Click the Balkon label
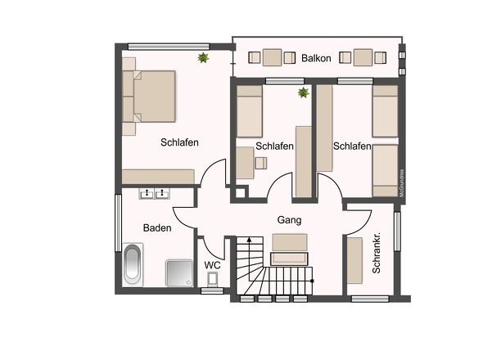(x=316, y=58)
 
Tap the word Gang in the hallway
(x=289, y=220)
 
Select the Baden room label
(x=157, y=228)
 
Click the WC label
(x=212, y=265)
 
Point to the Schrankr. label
(x=377, y=253)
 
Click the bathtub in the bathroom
(x=133, y=264)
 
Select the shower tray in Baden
(x=179, y=273)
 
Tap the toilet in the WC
(x=213, y=279)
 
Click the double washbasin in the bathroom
(x=154, y=193)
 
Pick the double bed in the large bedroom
(x=149, y=97)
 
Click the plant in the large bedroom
(x=203, y=57)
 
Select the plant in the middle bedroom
(x=304, y=92)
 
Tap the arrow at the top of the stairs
(x=249, y=239)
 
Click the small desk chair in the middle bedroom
(x=261, y=163)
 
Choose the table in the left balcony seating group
(x=272, y=57)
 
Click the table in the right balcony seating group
(x=363, y=57)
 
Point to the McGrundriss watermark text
(x=401, y=183)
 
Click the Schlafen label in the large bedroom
(x=179, y=142)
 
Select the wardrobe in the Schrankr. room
(x=354, y=260)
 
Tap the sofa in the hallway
(x=289, y=250)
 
